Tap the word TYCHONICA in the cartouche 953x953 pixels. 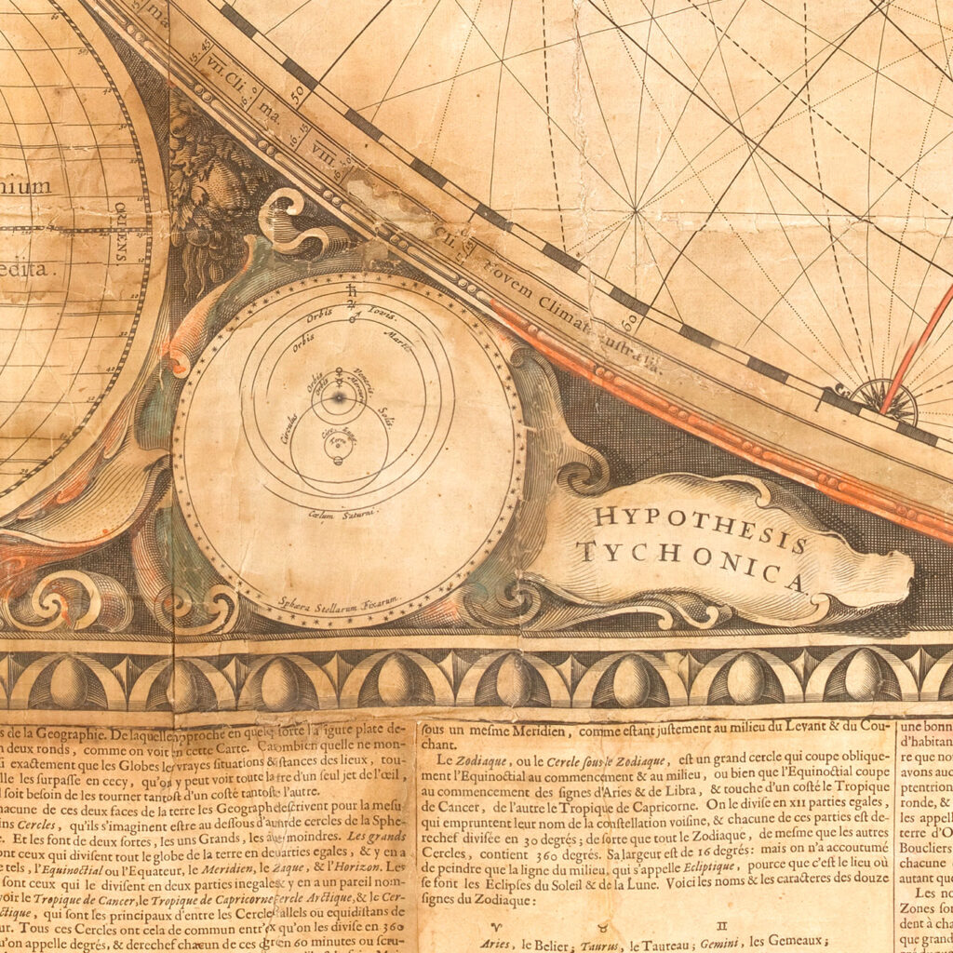[689, 564]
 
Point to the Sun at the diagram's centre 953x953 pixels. [339, 397]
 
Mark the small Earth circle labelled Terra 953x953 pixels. [337, 444]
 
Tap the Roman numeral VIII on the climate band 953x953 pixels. [325, 148]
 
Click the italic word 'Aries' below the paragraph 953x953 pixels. [504, 943]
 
